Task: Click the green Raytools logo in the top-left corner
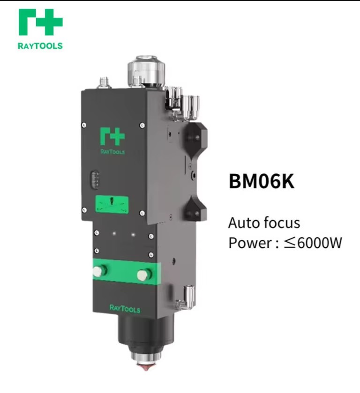(40, 22)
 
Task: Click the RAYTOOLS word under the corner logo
(40, 46)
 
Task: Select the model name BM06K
(262, 181)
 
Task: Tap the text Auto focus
(264, 223)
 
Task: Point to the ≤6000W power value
(313, 243)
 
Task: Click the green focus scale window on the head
(112, 205)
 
